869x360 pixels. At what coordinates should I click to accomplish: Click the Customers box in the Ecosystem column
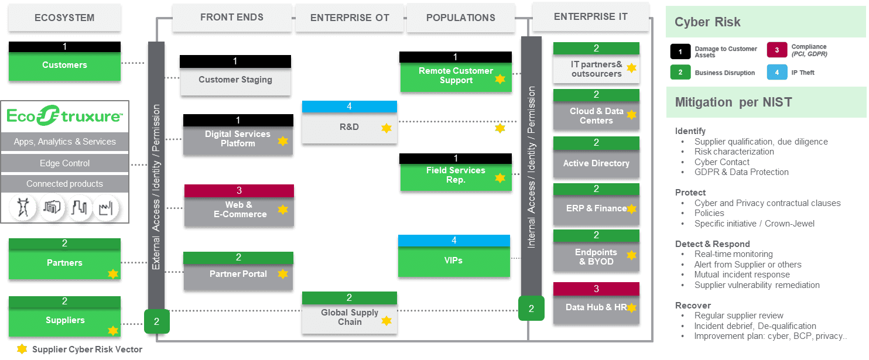64,65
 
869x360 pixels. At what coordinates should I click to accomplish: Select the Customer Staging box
235,80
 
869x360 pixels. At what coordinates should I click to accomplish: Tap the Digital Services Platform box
238,139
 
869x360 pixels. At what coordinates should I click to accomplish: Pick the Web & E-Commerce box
238,210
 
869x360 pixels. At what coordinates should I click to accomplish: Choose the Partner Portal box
238,274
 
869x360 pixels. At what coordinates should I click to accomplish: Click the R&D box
349,127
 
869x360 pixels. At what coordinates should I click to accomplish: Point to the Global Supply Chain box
349,317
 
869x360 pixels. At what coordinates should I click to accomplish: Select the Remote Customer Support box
456,76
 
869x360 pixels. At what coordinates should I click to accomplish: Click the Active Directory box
596,163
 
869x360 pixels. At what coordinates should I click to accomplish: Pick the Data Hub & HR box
596,307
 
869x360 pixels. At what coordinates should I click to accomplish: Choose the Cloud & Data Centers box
596,116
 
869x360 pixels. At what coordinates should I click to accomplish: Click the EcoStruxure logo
64,116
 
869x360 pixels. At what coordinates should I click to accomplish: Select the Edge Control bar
64,163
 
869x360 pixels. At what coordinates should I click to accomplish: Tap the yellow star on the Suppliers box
112,330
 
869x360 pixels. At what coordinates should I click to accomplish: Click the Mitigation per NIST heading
733,102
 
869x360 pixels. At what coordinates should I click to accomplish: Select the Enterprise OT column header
350,18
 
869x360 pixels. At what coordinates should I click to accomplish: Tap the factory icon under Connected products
106,207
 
